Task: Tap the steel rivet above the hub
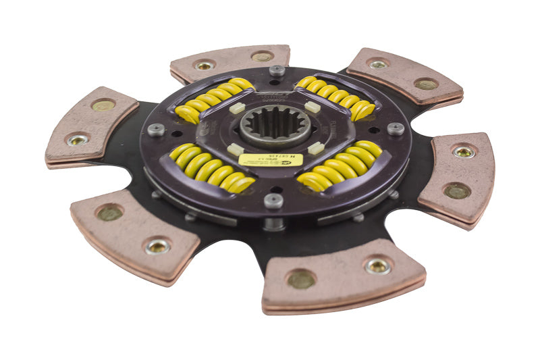click(x=277, y=70)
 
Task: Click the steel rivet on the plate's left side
click(x=156, y=130)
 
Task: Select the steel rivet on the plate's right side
click(x=396, y=128)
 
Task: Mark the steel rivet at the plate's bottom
click(x=273, y=200)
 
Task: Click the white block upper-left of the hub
click(x=236, y=107)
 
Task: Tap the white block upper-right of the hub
click(x=312, y=107)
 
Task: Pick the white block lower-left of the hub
click(x=235, y=149)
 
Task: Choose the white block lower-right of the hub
click(x=316, y=147)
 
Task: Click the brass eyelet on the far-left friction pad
click(x=78, y=140)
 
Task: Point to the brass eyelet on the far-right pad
click(x=464, y=152)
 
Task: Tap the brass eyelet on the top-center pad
click(x=204, y=66)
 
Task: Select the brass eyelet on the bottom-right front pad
click(x=378, y=266)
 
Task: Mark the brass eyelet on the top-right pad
click(x=378, y=64)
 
